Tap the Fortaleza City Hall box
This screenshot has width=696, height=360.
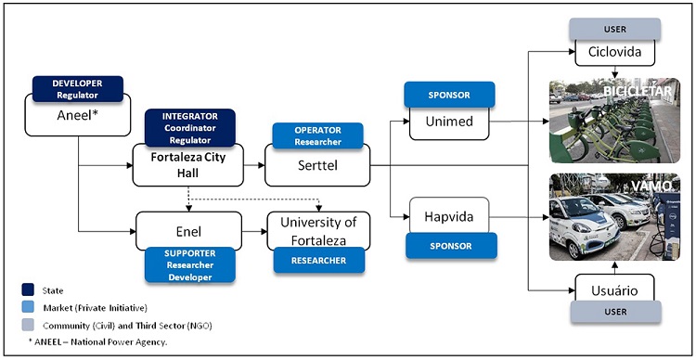[188, 164]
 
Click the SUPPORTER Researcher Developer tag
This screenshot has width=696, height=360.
[190, 264]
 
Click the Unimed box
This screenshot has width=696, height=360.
[449, 122]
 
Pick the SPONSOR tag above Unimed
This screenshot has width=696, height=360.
[450, 95]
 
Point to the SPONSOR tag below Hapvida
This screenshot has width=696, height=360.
[451, 245]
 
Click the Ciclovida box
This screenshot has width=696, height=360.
[614, 52]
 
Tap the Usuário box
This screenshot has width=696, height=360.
[614, 289]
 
